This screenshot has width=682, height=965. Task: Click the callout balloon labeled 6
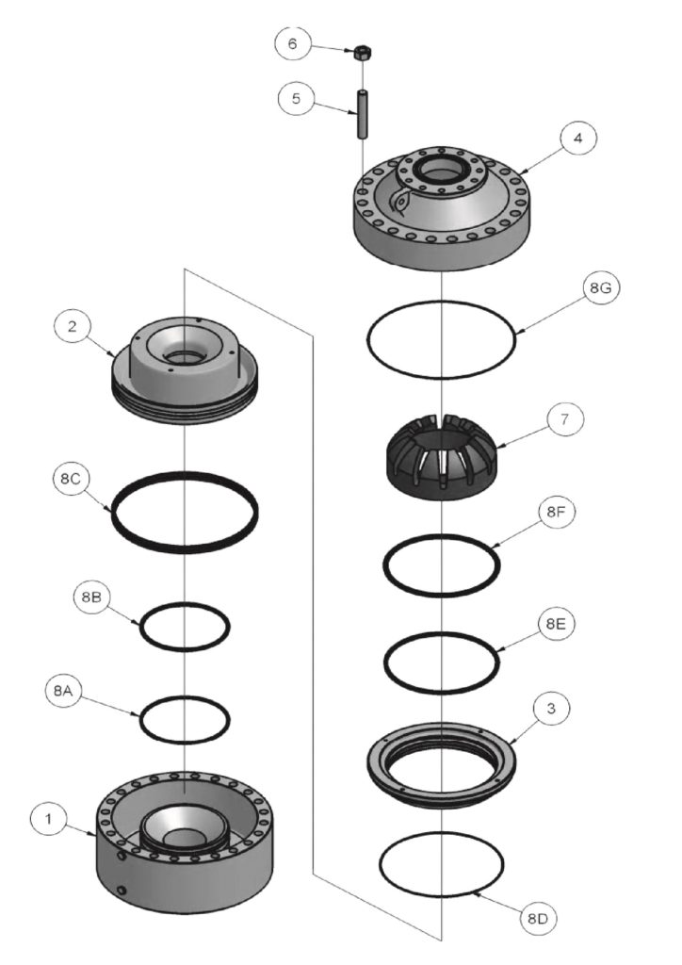tap(292, 43)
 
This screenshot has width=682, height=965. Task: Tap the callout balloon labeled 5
tap(296, 99)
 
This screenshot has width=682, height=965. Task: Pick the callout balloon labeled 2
tap(72, 326)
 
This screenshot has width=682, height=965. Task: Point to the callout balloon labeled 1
tap(47, 819)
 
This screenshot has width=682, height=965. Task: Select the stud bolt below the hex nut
tap(360, 112)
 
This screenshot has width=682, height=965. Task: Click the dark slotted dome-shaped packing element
tap(443, 456)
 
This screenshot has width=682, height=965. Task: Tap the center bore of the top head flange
tap(442, 174)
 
